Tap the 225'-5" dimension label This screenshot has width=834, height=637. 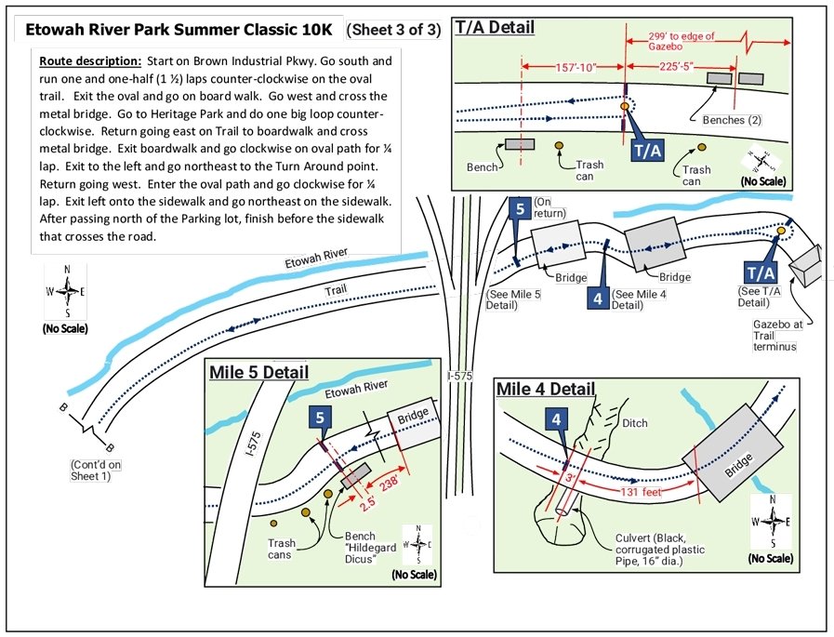coord(683,67)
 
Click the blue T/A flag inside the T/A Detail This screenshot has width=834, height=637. coord(647,149)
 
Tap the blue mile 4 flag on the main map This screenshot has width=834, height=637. coord(600,298)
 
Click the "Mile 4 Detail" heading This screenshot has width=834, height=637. coord(545,388)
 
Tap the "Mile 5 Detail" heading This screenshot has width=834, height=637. coord(258,373)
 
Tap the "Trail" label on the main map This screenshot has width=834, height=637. coord(336,291)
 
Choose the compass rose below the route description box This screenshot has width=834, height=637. coord(66,289)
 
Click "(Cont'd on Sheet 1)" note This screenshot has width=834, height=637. coord(96,470)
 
